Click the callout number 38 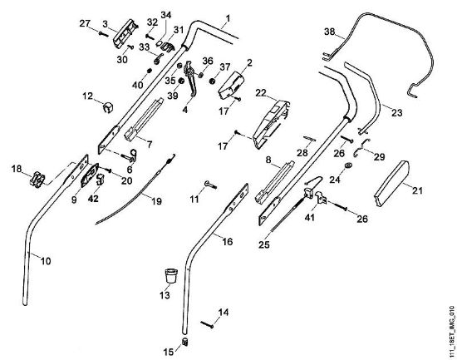click(330, 32)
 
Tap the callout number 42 click(93, 199)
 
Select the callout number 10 click(46, 260)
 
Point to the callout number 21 click(417, 190)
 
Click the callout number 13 click(165, 295)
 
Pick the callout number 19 click(156, 201)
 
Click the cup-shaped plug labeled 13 click(171, 276)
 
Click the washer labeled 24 click(347, 165)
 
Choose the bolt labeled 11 click(210, 184)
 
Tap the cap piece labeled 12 click(108, 107)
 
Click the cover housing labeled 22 click(272, 124)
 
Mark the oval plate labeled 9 click(90, 175)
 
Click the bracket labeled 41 click(322, 198)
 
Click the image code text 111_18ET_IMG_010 click(452, 331)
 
